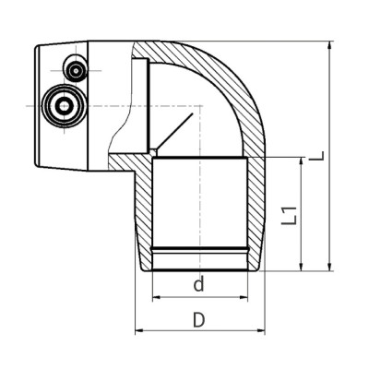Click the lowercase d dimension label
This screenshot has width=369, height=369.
click(x=197, y=285)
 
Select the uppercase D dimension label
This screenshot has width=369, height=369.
click(x=197, y=320)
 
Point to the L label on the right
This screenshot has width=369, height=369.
click(x=316, y=157)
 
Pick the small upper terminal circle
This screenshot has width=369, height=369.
click(x=74, y=67)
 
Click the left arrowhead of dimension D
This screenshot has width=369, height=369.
click(x=139, y=331)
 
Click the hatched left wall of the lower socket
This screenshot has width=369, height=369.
click(x=144, y=212)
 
